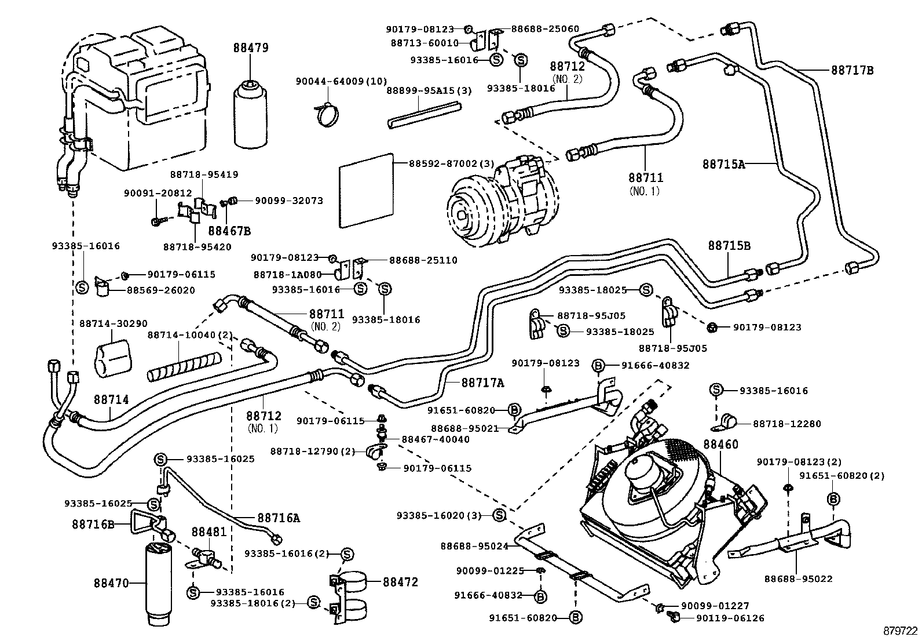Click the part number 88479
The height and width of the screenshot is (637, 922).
(251, 48)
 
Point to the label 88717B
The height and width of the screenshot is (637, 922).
(852, 70)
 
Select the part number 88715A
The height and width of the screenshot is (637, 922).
(723, 164)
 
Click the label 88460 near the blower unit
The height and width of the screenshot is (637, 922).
(721, 445)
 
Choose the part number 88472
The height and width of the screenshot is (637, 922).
(400, 581)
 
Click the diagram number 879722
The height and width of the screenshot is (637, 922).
(899, 630)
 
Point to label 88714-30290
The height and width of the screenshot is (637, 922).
(109, 323)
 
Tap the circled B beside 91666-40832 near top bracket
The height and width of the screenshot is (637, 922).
(598, 366)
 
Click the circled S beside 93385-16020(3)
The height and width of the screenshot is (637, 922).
(499, 515)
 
